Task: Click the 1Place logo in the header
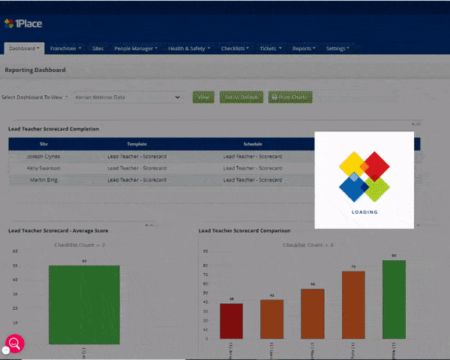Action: [25, 25]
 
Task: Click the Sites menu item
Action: [97, 49]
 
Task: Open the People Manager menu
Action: [136, 49]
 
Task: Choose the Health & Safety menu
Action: [188, 49]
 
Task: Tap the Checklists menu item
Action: [236, 49]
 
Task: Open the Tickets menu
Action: [271, 49]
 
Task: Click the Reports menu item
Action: [304, 49]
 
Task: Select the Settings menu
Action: [337, 49]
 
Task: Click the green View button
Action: [203, 97]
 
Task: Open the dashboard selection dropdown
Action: [127, 97]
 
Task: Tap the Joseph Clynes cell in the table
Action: [43, 157]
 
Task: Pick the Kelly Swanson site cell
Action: [43, 169]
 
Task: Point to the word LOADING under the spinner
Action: [364, 212]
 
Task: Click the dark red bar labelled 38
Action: [232, 320]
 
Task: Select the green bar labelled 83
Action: [394, 298]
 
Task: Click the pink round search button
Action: [15, 343]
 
